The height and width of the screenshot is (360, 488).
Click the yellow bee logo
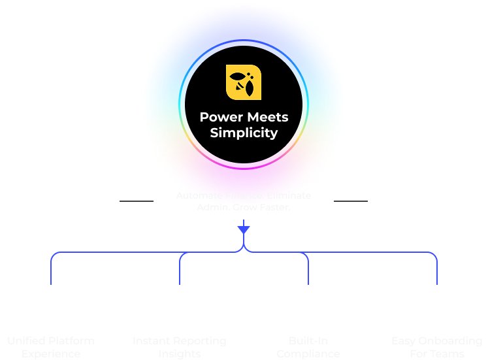[x=244, y=82]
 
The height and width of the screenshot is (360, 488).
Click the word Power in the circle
[x=221, y=118]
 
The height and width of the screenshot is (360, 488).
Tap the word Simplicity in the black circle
[x=244, y=133]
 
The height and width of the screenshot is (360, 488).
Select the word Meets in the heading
[x=267, y=118]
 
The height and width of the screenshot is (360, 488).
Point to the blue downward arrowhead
[x=244, y=229]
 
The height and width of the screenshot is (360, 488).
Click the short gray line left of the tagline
[x=137, y=201]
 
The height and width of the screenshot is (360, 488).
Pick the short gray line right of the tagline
[x=351, y=201]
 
